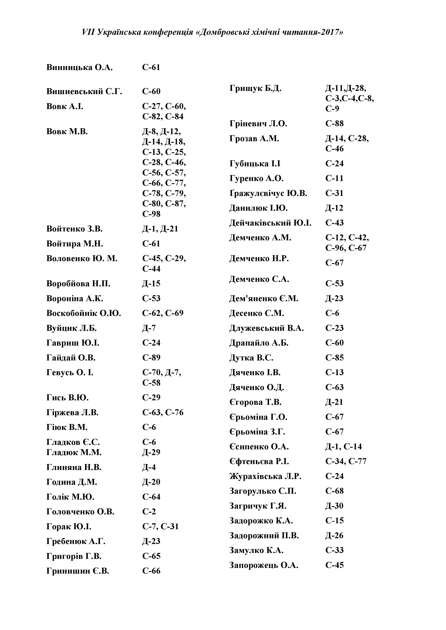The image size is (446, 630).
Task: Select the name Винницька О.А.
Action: click(x=79, y=68)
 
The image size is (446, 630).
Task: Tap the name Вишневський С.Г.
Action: click(x=84, y=91)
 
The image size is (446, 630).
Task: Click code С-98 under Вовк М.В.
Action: click(x=151, y=214)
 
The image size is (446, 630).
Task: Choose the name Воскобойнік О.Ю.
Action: click(x=84, y=313)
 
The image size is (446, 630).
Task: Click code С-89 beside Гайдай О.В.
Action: click(x=151, y=358)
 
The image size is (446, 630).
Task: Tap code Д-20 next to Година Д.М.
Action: click(x=151, y=482)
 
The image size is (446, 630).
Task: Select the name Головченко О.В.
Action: click(x=80, y=512)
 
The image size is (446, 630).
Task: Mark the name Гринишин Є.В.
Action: click(x=78, y=571)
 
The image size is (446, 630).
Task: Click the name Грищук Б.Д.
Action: click(x=255, y=89)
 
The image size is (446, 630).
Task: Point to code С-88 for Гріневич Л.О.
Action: click(x=334, y=124)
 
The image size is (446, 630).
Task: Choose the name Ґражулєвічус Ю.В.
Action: click(x=268, y=193)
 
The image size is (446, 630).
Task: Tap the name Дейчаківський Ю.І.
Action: click(x=270, y=223)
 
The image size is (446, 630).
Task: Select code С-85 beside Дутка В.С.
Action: click(x=334, y=358)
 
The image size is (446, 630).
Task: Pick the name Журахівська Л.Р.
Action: click(x=265, y=476)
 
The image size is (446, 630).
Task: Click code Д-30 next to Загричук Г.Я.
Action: click(x=334, y=506)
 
